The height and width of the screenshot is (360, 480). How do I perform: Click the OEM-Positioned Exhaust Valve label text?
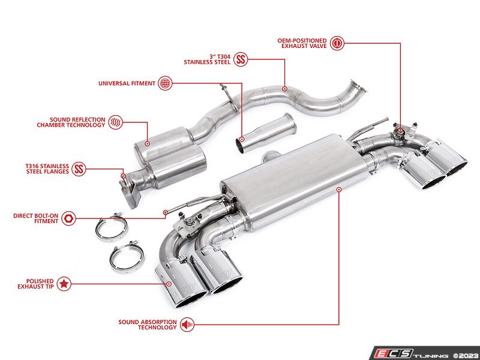(x=302, y=43)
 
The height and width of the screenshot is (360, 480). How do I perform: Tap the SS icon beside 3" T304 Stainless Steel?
(x=241, y=59)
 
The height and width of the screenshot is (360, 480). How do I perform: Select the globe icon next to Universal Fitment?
(x=165, y=83)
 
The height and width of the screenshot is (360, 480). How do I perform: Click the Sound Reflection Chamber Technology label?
(x=71, y=122)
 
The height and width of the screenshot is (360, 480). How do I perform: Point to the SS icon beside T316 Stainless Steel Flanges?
(x=79, y=169)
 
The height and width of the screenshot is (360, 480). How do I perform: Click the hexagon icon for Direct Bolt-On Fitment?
(x=68, y=218)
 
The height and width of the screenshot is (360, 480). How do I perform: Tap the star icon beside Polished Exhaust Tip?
(x=64, y=284)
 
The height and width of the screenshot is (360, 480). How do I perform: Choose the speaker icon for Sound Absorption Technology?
(x=187, y=325)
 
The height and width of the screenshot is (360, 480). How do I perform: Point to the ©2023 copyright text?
(x=466, y=356)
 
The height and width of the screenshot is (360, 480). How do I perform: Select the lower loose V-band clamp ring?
(x=126, y=257)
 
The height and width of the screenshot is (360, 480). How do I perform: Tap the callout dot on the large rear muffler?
(x=338, y=190)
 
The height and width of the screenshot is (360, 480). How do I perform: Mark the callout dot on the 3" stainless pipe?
(x=284, y=89)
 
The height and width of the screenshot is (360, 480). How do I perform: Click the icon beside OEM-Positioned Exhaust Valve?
(x=337, y=43)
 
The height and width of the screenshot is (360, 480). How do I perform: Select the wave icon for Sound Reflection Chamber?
(x=116, y=122)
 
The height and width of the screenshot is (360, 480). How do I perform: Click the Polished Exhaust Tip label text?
(x=35, y=284)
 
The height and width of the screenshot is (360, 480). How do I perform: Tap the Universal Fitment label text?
(x=127, y=83)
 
